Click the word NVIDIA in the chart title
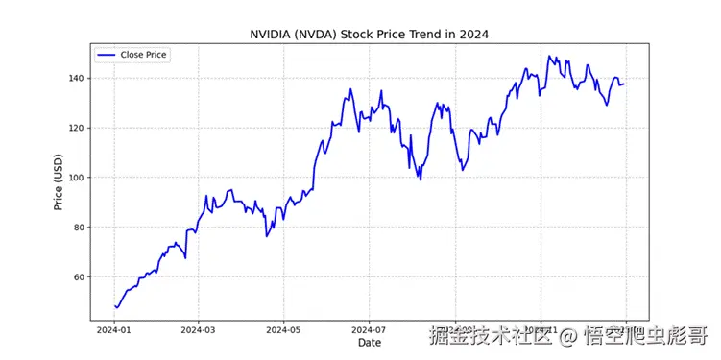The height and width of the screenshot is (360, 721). [273, 35]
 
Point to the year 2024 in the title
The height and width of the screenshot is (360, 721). [473, 35]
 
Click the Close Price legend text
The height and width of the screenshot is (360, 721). [143, 55]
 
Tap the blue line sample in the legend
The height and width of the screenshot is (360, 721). [108, 55]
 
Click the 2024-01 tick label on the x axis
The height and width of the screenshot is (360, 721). [113, 329]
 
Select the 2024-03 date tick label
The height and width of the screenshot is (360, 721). [198, 329]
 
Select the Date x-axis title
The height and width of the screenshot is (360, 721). [370, 342]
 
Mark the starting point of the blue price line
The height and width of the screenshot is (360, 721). [114, 306]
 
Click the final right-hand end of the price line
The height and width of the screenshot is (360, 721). [624, 84]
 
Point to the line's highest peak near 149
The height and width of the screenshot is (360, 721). [550, 56]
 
